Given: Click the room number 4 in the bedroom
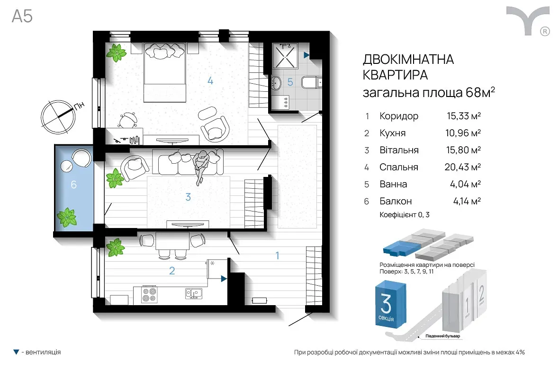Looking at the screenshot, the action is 210,81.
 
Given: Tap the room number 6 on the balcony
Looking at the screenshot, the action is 73,184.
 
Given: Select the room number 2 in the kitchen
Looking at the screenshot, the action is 172,271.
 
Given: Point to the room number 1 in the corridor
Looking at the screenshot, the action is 277,255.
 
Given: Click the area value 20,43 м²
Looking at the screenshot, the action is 463,167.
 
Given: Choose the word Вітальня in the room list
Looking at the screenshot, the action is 399,150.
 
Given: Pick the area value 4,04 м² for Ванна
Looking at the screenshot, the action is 465,184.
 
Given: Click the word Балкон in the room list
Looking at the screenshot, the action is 396,201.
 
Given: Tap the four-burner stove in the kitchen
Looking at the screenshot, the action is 149,295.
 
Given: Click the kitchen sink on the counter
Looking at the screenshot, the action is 194,293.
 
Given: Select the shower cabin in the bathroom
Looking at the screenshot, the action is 285,55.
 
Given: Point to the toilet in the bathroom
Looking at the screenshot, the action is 311,83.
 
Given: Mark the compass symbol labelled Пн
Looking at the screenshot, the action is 58,117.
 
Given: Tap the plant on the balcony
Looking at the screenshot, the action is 67,217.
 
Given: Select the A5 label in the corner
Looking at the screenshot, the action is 22,17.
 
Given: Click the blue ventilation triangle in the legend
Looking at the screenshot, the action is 16,352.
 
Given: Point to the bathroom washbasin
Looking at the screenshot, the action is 277,83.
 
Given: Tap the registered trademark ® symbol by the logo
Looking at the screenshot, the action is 545,31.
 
